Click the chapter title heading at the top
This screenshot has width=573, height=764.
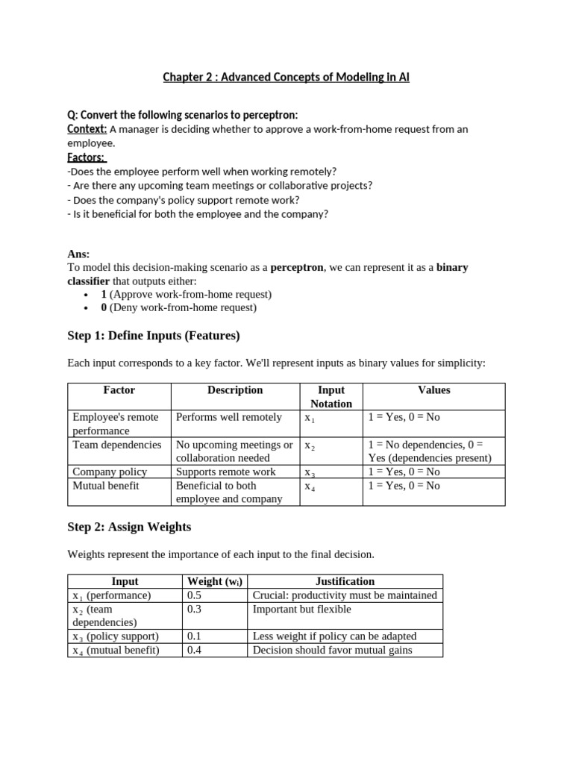[286, 78]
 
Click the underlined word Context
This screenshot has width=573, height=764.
[87, 129]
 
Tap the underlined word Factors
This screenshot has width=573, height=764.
[87, 157]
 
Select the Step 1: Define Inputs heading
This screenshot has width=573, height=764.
[154, 336]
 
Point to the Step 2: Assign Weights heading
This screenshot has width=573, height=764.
[129, 527]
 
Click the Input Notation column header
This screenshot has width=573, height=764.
[331, 396]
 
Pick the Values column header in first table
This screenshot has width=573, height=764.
[433, 389]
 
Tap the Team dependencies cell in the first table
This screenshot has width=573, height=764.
[116, 445]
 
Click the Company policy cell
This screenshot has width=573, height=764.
[110, 472]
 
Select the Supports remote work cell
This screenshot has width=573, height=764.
[225, 472]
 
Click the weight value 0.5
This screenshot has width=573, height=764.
[194, 595]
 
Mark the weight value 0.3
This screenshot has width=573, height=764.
[194, 610]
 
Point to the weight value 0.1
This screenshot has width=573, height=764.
[194, 636]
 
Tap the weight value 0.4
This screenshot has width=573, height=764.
[194, 650]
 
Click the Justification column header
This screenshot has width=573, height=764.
[345, 581]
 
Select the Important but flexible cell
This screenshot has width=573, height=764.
[301, 610]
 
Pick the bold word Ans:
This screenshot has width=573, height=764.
[78, 254]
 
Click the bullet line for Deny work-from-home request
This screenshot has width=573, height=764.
[178, 307]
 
